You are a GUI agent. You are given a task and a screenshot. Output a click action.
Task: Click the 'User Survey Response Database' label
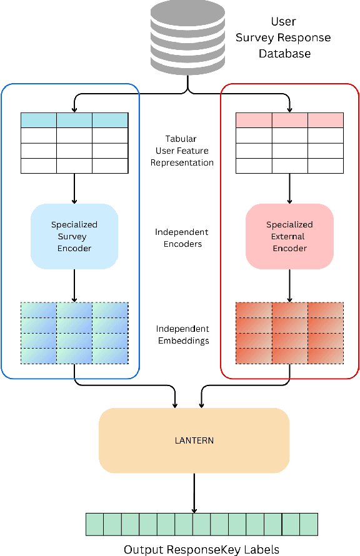[x=282, y=37]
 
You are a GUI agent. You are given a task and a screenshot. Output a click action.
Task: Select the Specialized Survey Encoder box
[x=74, y=236]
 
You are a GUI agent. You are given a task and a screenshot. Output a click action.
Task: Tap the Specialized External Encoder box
[x=289, y=236]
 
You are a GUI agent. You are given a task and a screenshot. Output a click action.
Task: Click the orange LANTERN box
[x=194, y=440]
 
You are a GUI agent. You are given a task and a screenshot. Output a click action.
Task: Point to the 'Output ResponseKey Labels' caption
[x=201, y=549]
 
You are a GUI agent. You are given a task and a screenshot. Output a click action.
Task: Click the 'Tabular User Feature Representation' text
[x=184, y=151]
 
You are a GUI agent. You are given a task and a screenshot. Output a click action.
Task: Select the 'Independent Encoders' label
[x=181, y=238]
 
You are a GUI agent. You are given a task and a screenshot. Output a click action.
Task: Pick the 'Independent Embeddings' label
[x=182, y=335]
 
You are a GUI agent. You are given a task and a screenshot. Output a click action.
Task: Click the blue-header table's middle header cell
[x=74, y=120]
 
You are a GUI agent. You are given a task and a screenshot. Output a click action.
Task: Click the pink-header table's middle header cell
[x=289, y=120]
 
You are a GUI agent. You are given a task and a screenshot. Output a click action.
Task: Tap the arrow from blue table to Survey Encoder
[x=74, y=188]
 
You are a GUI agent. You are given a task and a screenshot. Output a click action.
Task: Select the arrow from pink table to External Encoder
[x=289, y=188]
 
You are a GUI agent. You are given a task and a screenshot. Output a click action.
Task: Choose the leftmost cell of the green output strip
[x=94, y=524]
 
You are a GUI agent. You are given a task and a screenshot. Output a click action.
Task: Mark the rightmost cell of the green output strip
[x=309, y=524]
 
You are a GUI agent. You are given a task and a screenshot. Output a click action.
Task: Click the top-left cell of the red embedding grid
[x=253, y=310]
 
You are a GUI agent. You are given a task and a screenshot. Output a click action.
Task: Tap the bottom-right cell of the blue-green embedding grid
[x=110, y=356]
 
